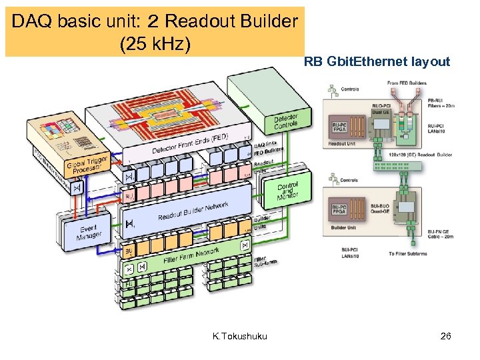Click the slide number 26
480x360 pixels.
pos(446,336)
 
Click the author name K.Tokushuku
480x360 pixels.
pos(239,336)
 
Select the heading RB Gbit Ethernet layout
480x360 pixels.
pos(377,62)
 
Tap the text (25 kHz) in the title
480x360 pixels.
pos(155,45)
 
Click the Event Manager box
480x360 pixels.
pos(88,232)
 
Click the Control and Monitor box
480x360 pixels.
pos(288,189)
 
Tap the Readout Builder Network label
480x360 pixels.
pos(193,212)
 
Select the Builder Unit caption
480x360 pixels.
pos(344,228)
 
